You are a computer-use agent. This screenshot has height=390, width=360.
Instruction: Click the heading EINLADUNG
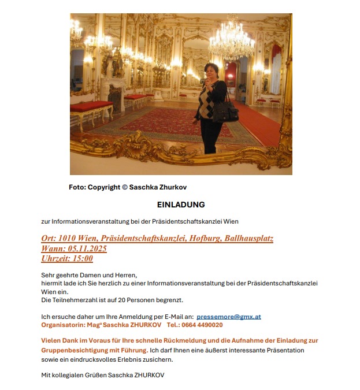[181, 205]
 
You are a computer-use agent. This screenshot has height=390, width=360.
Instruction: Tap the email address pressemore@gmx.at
[229, 317]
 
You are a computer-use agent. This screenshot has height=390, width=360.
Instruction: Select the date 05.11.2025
[87, 248]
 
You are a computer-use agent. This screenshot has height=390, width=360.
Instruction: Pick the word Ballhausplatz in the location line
[241, 238]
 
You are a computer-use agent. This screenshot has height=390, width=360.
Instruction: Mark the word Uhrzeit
[55, 258]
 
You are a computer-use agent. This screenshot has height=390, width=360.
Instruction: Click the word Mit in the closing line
[46, 375]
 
